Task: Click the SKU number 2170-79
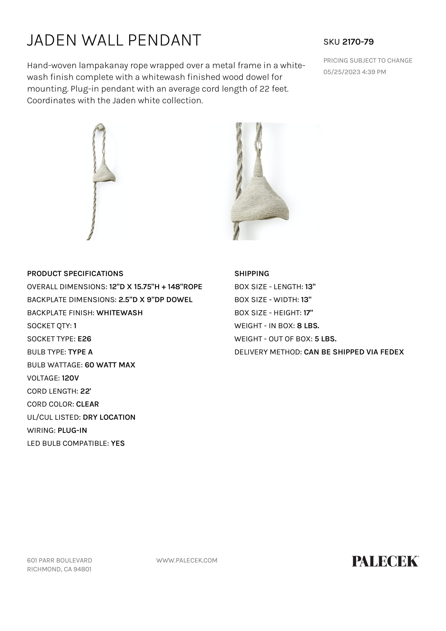pyautogui.click(x=358, y=42)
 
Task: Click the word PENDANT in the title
pyautogui.click(x=164, y=40)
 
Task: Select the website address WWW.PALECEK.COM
pyautogui.click(x=187, y=560)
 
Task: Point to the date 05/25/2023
pyautogui.click(x=341, y=72)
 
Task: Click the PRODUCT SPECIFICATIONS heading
pyautogui.click(x=75, y=273)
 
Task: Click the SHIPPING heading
pyautogui.click(x=251, y=273)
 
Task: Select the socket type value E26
pyautogui.click(x=84, y=339)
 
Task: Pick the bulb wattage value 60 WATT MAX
pyautogui.click(x=110, y=365)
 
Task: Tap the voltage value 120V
pyautogui.click(x=70, y=378)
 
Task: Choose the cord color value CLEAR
pyautogui.click(x=87, y=404)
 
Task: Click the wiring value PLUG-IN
pyautogui.click(x=72, y=430)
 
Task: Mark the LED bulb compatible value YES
pyautogui.click(x=118, y=444)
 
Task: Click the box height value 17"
pyautogui.click(x=308, y=313)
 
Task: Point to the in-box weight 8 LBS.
pyautogui.click(x=308, y=326)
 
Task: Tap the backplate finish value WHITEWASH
pyautogui.click(x=120, y=313)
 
